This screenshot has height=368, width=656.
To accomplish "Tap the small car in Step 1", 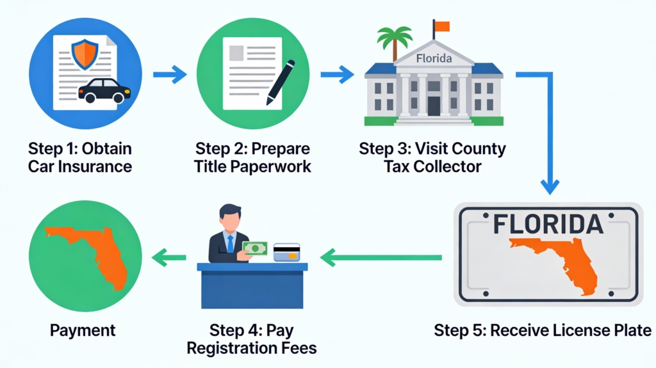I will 104,90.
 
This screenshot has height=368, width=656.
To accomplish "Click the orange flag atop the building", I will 442,26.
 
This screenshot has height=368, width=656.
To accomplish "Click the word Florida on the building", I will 434,59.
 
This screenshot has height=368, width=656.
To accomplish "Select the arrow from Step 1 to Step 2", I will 170,76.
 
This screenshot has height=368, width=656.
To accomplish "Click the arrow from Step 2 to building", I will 337,76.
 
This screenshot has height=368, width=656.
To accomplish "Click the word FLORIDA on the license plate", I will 548,225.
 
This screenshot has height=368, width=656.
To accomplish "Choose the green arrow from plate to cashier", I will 381,258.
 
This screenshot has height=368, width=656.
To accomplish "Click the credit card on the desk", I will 286,252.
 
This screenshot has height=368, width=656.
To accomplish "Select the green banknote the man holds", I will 255,248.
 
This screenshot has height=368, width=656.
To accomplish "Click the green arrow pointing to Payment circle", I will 168,258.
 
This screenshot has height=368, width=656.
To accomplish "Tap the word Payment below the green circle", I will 83,330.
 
